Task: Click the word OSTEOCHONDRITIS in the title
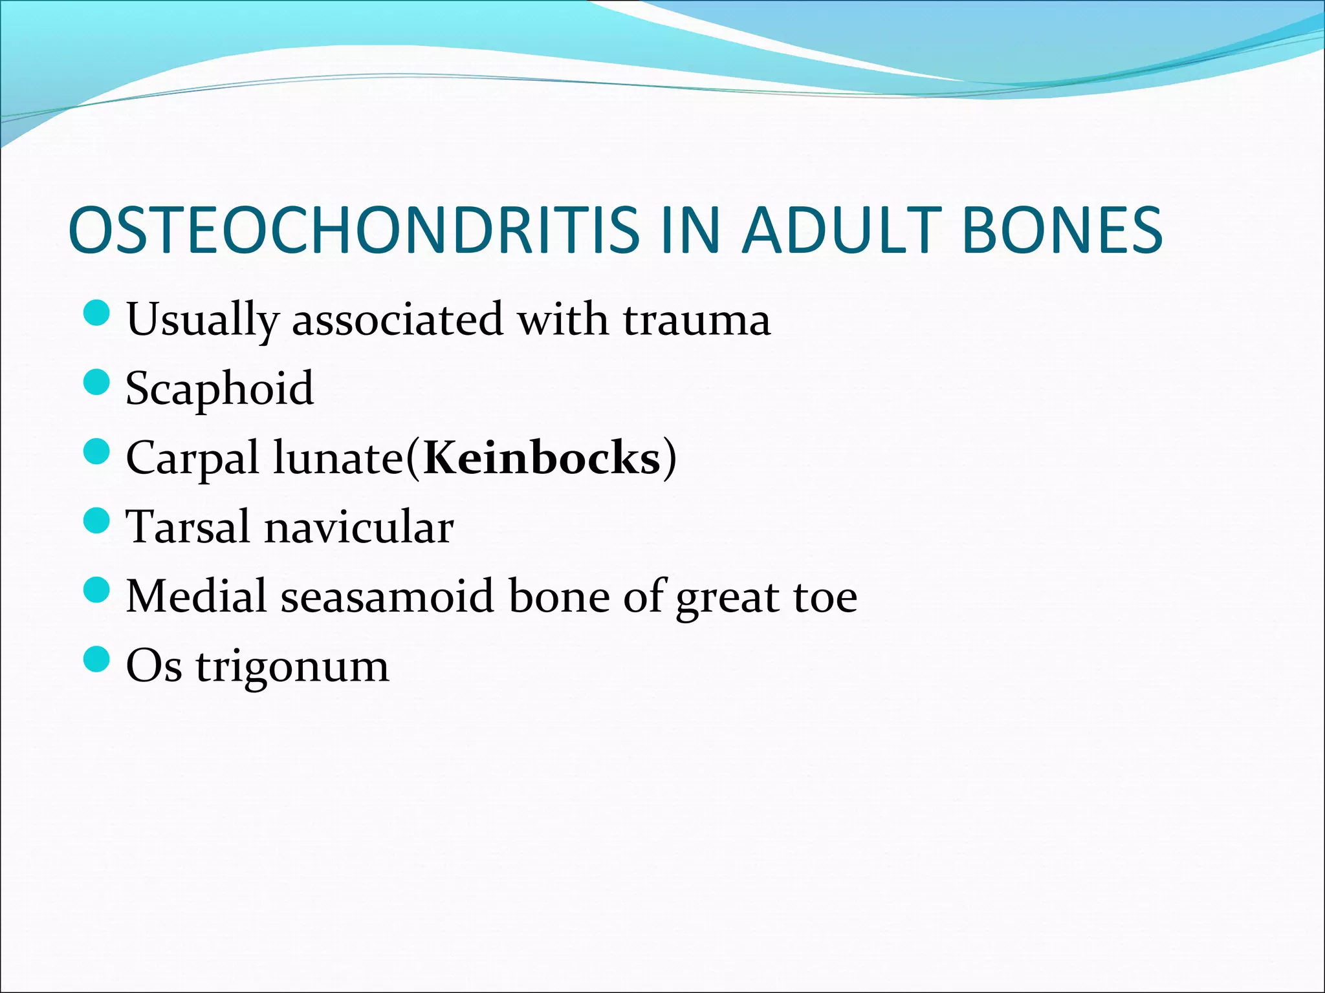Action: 353,230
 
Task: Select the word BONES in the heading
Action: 1062,230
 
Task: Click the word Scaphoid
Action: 220,389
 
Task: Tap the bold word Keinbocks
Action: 542,458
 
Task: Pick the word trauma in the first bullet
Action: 697,320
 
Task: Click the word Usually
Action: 203,320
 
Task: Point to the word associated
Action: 397,320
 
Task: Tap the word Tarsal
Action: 188,527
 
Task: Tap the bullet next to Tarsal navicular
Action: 97,520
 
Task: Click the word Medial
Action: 196,596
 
